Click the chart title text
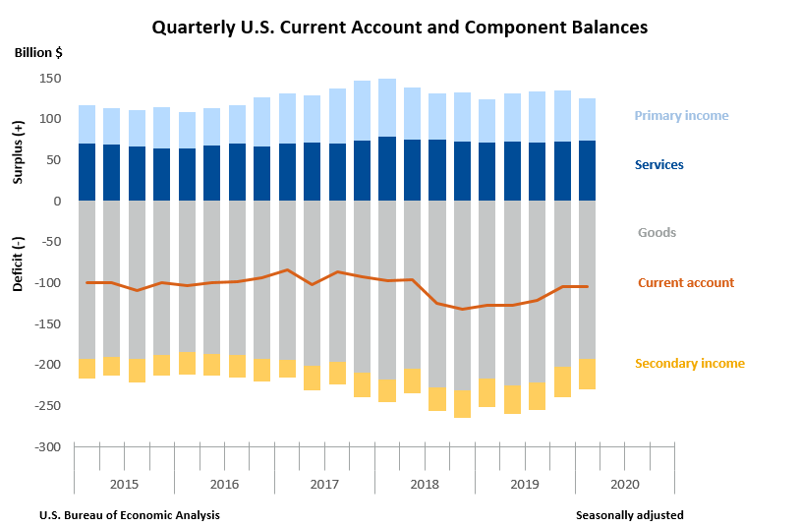(x=399, y=28)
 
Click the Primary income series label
(x=681, y=116)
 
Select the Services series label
(x=658, y=165)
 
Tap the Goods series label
(x=657, y=233)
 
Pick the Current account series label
(x=685, y=283)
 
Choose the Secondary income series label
(x=689, y=364)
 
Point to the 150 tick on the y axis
(x=51, y=78)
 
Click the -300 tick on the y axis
(x=49, y=446)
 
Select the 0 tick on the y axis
(x=58, y=201)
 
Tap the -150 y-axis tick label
(x=49, y=323)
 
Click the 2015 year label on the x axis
(x=124, y=485)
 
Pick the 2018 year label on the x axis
(x=425, y=485)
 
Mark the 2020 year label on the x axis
(x=625, y=485)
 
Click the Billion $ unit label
(x=38, y=52)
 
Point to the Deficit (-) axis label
(x=18, y=264)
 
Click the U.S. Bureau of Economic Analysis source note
(x=130, y=515)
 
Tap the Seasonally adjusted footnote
(x=629, y=515)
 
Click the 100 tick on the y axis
(x=51, y=119)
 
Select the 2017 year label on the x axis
(x=324, y=485)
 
